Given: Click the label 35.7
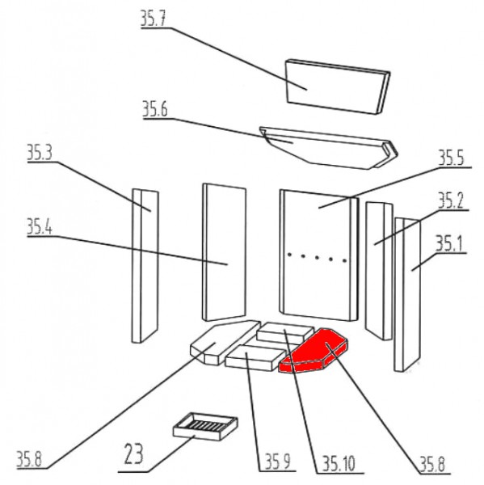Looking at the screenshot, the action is pos(154,19).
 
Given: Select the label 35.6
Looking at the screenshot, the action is pos(155,109).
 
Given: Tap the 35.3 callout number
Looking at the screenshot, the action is pos(40,153).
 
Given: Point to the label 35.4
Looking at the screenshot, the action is pos(40,226).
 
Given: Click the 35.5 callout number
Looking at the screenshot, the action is pos(452,158).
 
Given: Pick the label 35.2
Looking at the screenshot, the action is pos(451,200).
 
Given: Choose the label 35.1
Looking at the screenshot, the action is pos(448,243).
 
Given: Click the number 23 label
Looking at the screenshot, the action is pos(134,453).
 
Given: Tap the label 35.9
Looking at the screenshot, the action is pos(278,462).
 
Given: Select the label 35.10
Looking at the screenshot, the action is pos(339,464).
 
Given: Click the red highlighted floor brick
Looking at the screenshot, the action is pos(313,351).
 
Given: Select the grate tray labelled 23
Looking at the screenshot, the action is pos(205,427).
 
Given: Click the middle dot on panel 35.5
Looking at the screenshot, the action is pos(317,257).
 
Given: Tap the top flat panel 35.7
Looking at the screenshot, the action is pos(337,86).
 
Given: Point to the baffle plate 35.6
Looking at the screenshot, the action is pos(328,148).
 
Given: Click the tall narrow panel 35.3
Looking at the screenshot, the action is pos(145,266).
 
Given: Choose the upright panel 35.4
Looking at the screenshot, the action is pos(224,252).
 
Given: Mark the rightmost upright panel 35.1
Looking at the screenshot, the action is pos(407,294).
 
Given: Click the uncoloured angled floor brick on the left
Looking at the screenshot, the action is pos(225,342).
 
